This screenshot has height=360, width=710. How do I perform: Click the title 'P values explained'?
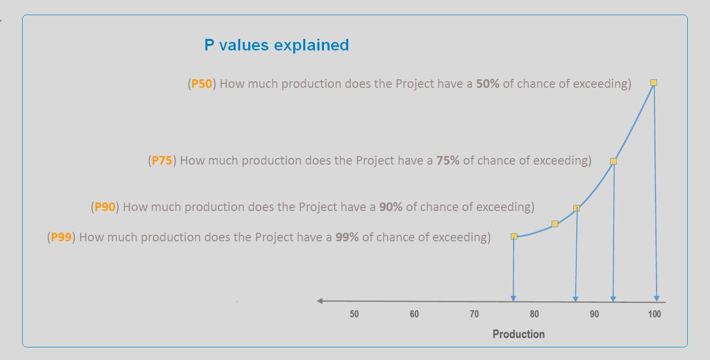tap(277, 45)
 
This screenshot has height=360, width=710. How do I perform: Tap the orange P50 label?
tap(201, 84)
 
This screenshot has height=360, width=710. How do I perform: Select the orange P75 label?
tap(161, 161)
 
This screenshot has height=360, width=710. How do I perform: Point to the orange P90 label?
tap(104, 207)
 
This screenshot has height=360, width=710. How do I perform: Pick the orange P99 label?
tap(61, 237)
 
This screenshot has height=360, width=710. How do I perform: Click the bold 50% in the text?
tap(487, 84)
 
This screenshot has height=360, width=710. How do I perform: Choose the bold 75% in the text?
tap(448, 161)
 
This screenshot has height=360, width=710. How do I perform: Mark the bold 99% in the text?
tap(347, 237)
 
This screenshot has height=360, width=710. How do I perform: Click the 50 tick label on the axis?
tap(354, 314)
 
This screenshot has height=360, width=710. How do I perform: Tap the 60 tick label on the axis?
tap(414, 314)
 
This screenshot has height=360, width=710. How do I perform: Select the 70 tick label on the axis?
tap(474, 314)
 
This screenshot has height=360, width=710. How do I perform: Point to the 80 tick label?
tap(534, 314)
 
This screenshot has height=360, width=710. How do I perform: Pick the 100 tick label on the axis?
tap(654, 314)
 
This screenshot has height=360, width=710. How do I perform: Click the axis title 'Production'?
tap(519, 334)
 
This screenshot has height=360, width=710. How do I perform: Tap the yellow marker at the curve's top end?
tap(653, 83)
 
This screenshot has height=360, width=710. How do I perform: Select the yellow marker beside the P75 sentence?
tap(613, 162)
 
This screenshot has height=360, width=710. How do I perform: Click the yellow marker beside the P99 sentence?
tap(514, 236)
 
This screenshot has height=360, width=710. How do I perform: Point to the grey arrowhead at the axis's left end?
tap(319, 301)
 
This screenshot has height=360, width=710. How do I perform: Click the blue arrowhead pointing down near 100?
tap(657, 298)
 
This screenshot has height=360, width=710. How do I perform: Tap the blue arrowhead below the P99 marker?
tap(513, 298)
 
